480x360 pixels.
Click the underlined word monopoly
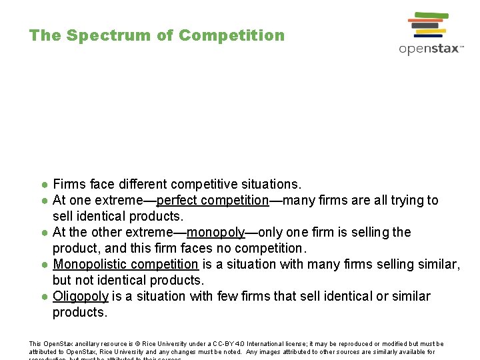point(216,232)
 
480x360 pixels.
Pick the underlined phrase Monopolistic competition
point(125,264)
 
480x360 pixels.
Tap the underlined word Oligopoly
point(81,296)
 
